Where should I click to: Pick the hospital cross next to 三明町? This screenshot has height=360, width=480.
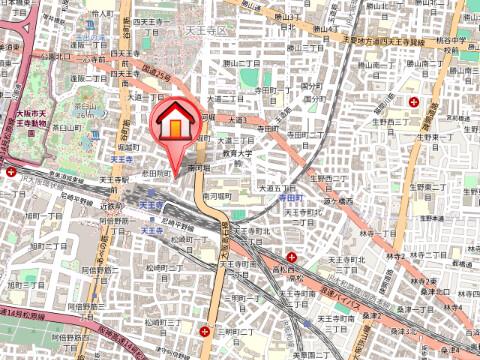(x=204, y=331)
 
